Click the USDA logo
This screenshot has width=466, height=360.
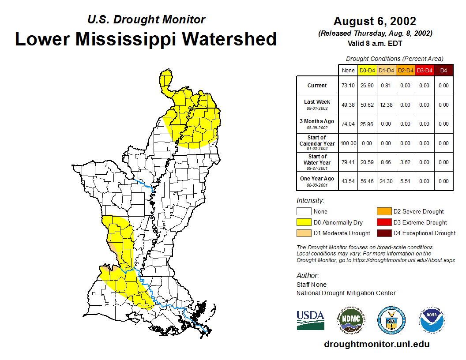tap(310, 320)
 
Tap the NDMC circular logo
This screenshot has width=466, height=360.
tap(349, 320)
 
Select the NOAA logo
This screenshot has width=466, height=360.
tap(432, 320)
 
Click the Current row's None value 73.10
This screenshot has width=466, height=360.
tap(348, 86)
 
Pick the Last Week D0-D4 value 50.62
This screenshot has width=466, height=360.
tap(367, 105)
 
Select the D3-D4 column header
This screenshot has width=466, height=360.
tap(424, 70)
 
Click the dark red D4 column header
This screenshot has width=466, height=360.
tap(443, 70)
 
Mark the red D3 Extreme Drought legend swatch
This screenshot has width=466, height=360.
tap(383, 222)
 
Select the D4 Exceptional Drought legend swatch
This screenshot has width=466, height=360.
tap(383, 233)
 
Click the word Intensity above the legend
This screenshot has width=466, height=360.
tap(310, 201)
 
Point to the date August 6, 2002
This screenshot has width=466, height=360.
tap(375, 21)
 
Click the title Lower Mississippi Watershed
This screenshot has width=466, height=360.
tap(146, 39)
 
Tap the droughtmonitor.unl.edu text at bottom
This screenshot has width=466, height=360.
tap(376, 344)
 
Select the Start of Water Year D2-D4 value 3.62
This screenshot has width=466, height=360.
tap(405, 162)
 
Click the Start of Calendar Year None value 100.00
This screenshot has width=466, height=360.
tap(348, 143)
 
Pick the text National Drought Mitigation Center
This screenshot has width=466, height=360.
tap(346, 293)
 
